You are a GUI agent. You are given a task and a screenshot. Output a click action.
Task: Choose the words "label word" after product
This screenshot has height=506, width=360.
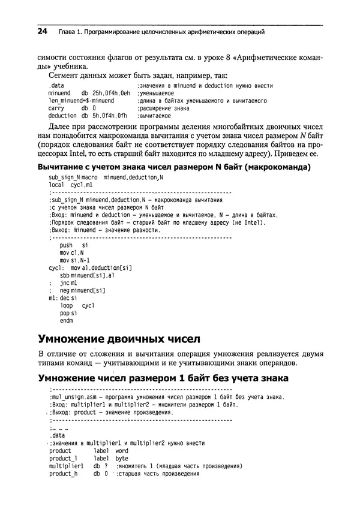[x=110, y=450]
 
